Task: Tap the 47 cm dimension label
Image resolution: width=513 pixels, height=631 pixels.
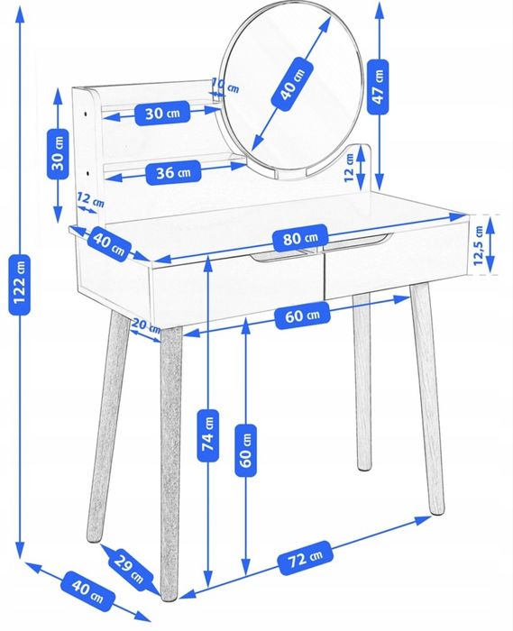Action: [x=378, y=87]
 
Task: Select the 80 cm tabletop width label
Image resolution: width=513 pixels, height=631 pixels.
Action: [x=300, y=238]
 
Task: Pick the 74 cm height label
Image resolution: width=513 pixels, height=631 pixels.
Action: [x=208, y=435]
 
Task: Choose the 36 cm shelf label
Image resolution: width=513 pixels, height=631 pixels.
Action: [x=173, y=173]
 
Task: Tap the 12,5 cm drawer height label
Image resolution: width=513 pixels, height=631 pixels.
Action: [x=479, y=245]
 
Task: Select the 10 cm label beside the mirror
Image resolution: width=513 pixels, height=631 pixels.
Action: [x=225, y=86]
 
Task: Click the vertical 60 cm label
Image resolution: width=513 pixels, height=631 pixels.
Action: [x=245, y=450]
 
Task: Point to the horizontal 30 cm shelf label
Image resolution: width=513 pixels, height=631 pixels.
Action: [x=162, y=113]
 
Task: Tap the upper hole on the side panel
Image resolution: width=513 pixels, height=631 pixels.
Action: [x=87, y=114]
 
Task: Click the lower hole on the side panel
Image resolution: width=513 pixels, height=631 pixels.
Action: [x=88, y=174]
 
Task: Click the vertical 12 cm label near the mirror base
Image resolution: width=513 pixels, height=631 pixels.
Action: [x=349, y=168]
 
